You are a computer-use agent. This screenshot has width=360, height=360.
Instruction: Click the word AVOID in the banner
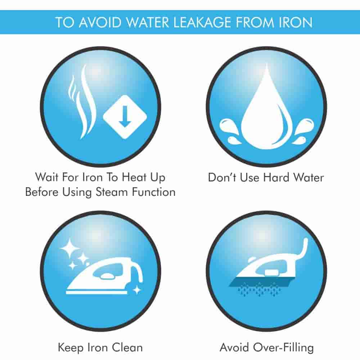pos(100,22)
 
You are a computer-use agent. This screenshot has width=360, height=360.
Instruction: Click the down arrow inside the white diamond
pos(125,116)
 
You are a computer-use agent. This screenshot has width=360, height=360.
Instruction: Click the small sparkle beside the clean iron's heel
pos(137,290)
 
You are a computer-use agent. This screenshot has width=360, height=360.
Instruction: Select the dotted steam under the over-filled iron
pos(259,290)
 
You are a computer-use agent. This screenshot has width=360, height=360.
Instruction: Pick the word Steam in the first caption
pos(112,192)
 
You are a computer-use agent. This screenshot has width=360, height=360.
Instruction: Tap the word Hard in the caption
pos(276,177)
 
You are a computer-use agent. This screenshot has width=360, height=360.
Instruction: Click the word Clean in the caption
pos(127,347)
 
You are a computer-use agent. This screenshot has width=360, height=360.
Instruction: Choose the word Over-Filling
pos(283,348)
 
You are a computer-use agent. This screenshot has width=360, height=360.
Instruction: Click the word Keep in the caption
pos(71,348)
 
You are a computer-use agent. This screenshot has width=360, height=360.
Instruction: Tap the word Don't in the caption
pos(222,177)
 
